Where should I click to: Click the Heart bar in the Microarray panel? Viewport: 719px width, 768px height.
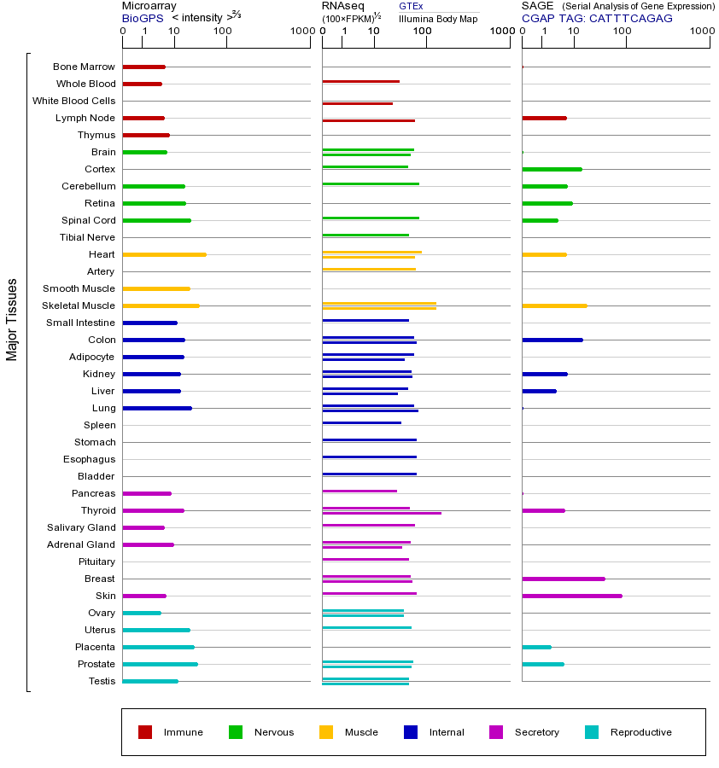(164, 254)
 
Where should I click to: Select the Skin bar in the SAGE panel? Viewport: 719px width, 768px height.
(571, 596)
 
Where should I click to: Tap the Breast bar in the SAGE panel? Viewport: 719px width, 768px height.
(563, 579)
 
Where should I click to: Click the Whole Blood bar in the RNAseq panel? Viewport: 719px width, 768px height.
(360, 81)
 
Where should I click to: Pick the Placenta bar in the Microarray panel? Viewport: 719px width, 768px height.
(158, 647)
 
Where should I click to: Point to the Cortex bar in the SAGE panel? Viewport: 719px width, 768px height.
(552, 169)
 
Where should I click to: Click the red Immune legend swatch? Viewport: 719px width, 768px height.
(145, 732)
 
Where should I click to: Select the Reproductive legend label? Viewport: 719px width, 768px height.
(640, 732)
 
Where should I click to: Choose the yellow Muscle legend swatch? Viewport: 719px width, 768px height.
(326, 732)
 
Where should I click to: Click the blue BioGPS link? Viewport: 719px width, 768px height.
(142, 18)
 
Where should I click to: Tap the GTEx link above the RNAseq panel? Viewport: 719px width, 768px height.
(411, 6)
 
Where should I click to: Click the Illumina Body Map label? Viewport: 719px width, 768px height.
(438, 18)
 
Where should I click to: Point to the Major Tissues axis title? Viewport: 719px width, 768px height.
(12, 319)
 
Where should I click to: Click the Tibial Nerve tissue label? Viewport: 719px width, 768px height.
(87, 237)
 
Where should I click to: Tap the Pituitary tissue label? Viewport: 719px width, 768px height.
(96, 561)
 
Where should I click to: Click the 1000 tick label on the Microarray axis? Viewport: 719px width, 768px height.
(301, 32)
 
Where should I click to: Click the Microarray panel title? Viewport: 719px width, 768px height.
(149, 6)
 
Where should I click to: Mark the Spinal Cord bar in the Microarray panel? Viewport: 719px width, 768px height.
(156, 220)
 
